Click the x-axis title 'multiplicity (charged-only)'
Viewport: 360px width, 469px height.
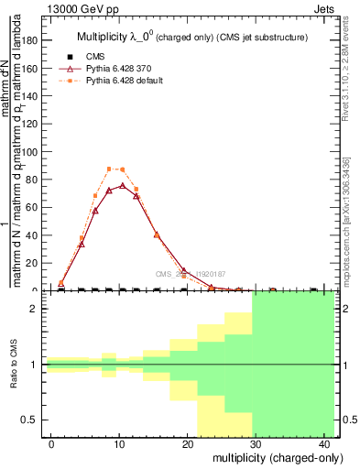pyautogui.click(x=267, y=457)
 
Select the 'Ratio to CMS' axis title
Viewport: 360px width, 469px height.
pyautogui.click(x=14, y=365)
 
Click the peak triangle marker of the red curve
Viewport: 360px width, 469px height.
pyautogui.click(x=123, y=186)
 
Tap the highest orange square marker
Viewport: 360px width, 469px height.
pyautogui.click(x=109, y=169)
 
